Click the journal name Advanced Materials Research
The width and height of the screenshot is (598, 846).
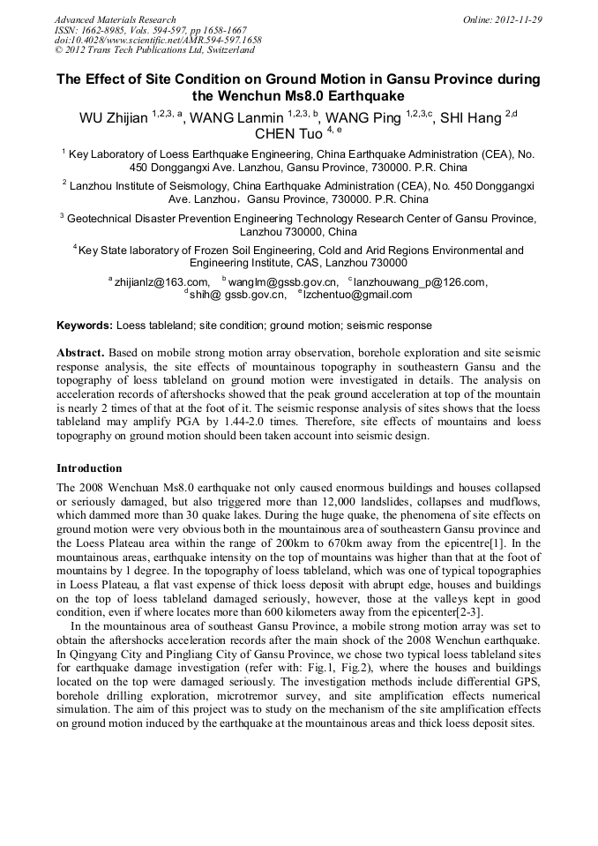coord(115,19)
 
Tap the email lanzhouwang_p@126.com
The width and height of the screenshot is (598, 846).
coord(420,282)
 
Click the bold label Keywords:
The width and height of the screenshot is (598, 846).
coord(85,326)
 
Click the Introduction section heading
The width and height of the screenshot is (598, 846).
coord(89,468)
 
